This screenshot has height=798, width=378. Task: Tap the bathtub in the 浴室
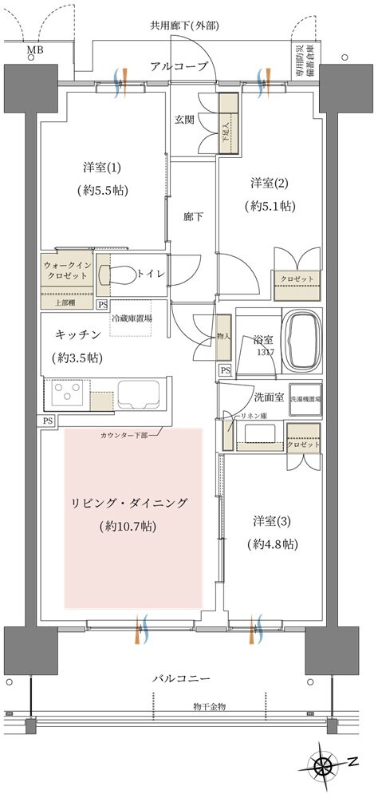coord(303,342)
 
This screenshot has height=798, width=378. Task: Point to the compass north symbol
coord(324,767)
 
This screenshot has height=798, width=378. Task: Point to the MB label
coord(35,52)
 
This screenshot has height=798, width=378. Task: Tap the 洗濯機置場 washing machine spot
coord(305,398)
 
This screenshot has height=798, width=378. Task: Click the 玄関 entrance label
coord(185,120)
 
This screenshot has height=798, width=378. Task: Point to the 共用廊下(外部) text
coord(184,25)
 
